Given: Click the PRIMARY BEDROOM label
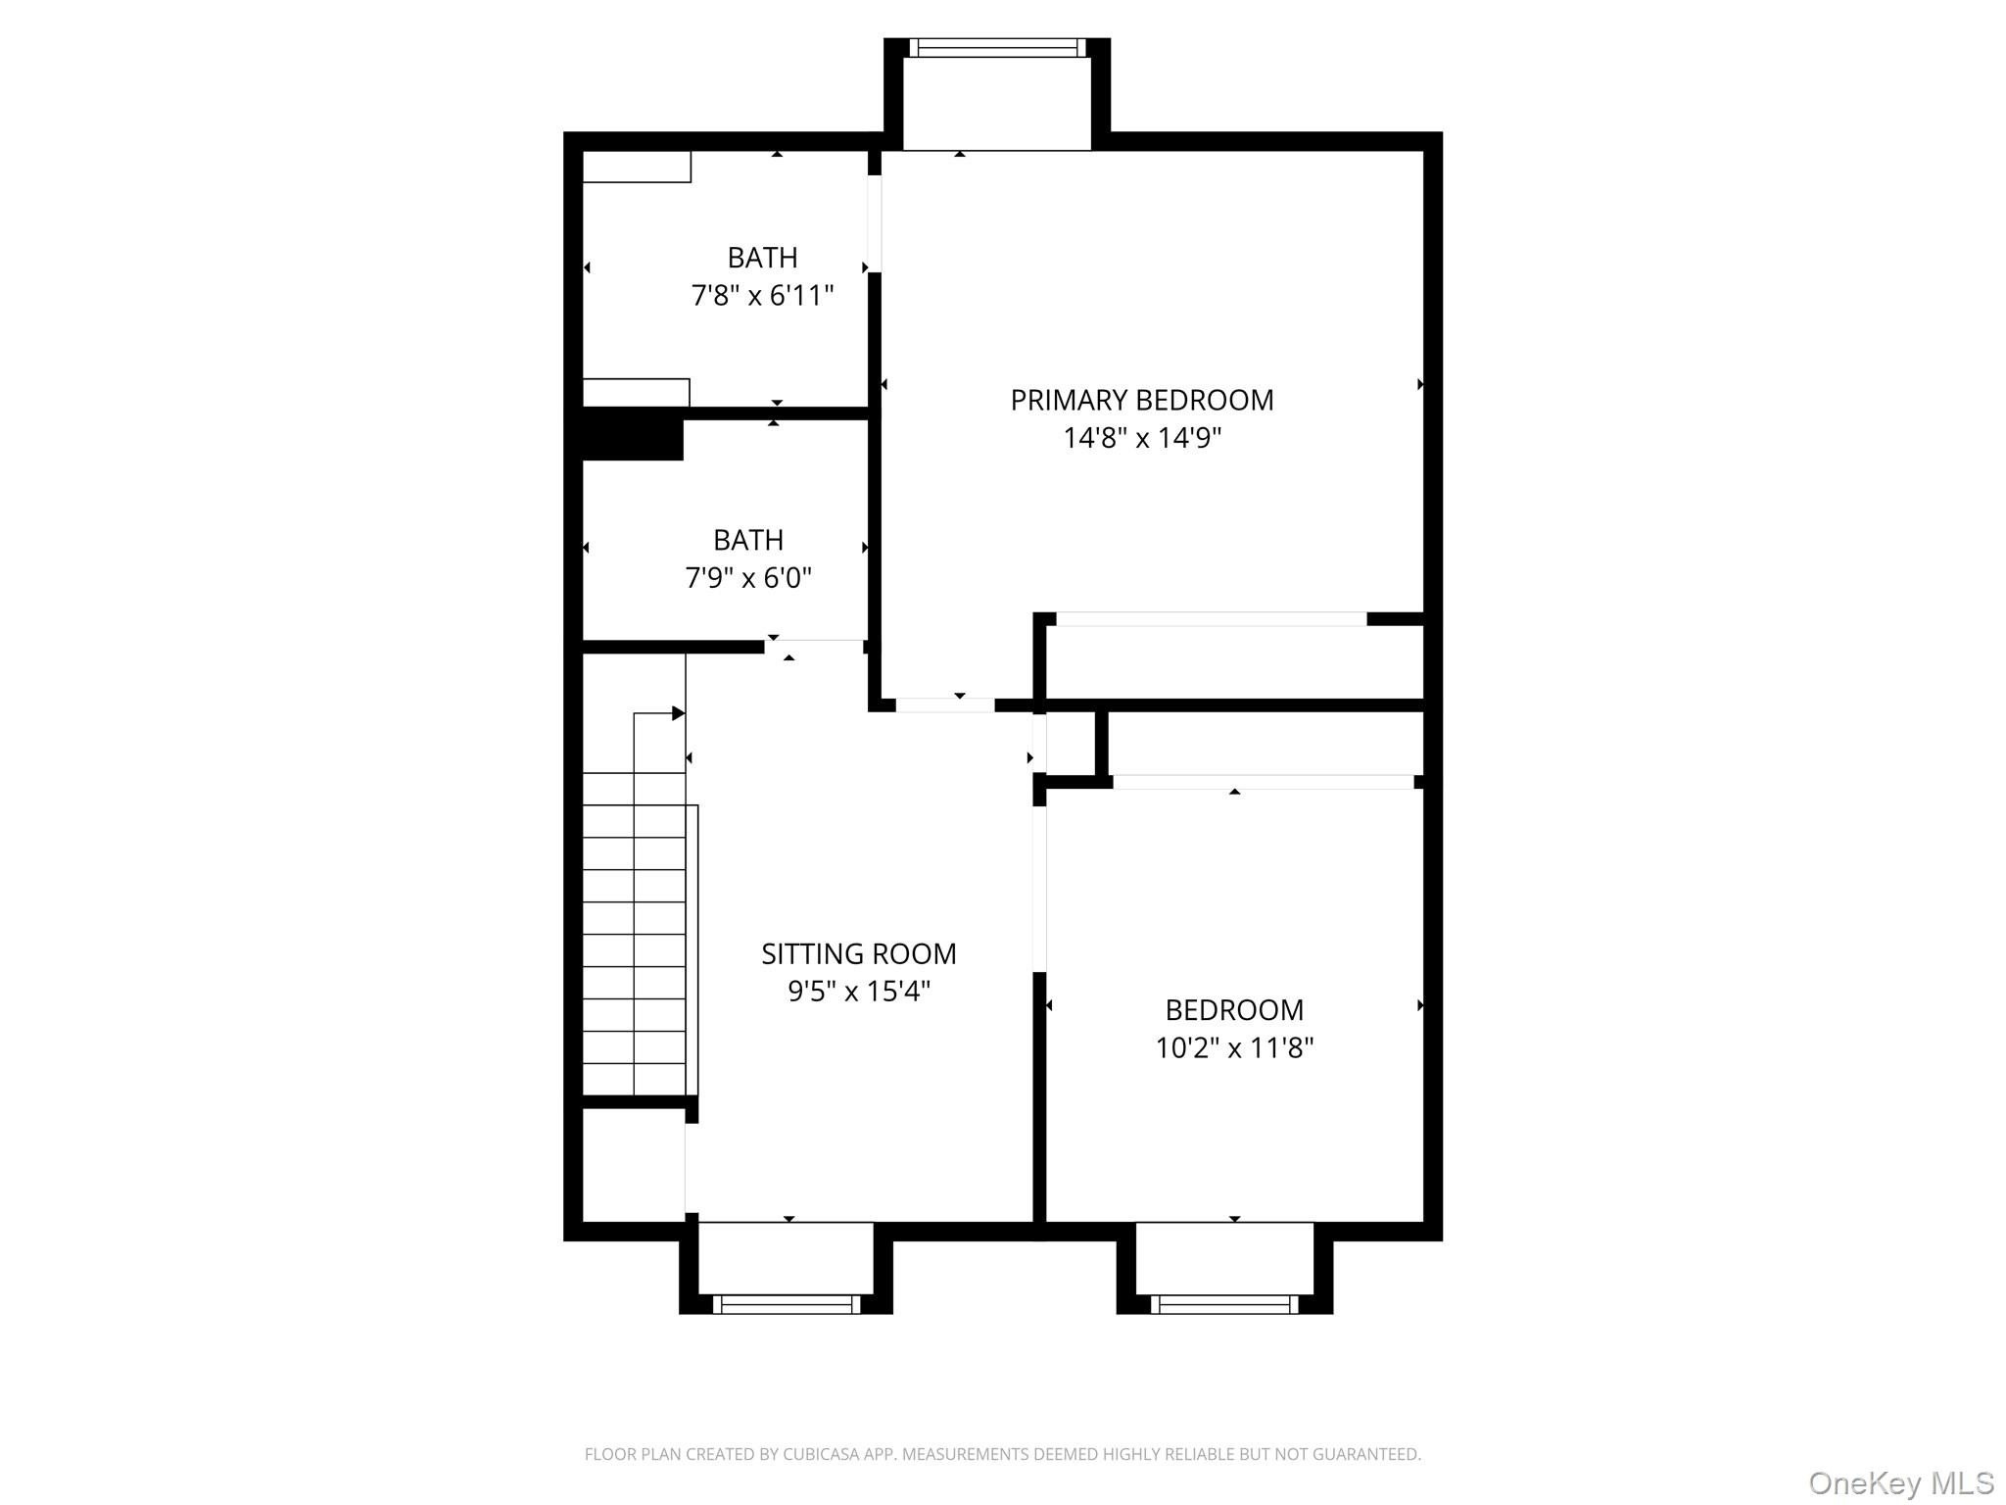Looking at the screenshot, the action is pos(1142,400).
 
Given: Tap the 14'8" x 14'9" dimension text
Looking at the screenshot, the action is pos(1142,438).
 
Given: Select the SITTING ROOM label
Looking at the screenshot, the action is pos(859,953).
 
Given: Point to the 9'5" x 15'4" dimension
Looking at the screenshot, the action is pos(859,992).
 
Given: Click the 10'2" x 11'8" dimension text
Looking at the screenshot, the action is pos(1234,1047).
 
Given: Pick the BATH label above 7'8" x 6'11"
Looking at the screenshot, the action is pos(762,258).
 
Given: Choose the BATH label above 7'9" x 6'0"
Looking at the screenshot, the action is pos(748,540).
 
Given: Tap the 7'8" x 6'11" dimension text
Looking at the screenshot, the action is pos(762,295).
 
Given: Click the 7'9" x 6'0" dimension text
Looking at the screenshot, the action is pos(748,578).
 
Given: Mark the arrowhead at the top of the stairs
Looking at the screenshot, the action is pos(678,713).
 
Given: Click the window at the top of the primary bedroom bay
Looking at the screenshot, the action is pos(997,48).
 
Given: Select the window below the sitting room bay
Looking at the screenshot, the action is pos(787,1304).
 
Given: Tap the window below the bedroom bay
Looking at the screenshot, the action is pos(1224,1304).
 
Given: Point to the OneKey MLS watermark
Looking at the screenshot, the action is pos(1901,1483).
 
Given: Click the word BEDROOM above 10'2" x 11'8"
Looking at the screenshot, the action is pos(1234,1009).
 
